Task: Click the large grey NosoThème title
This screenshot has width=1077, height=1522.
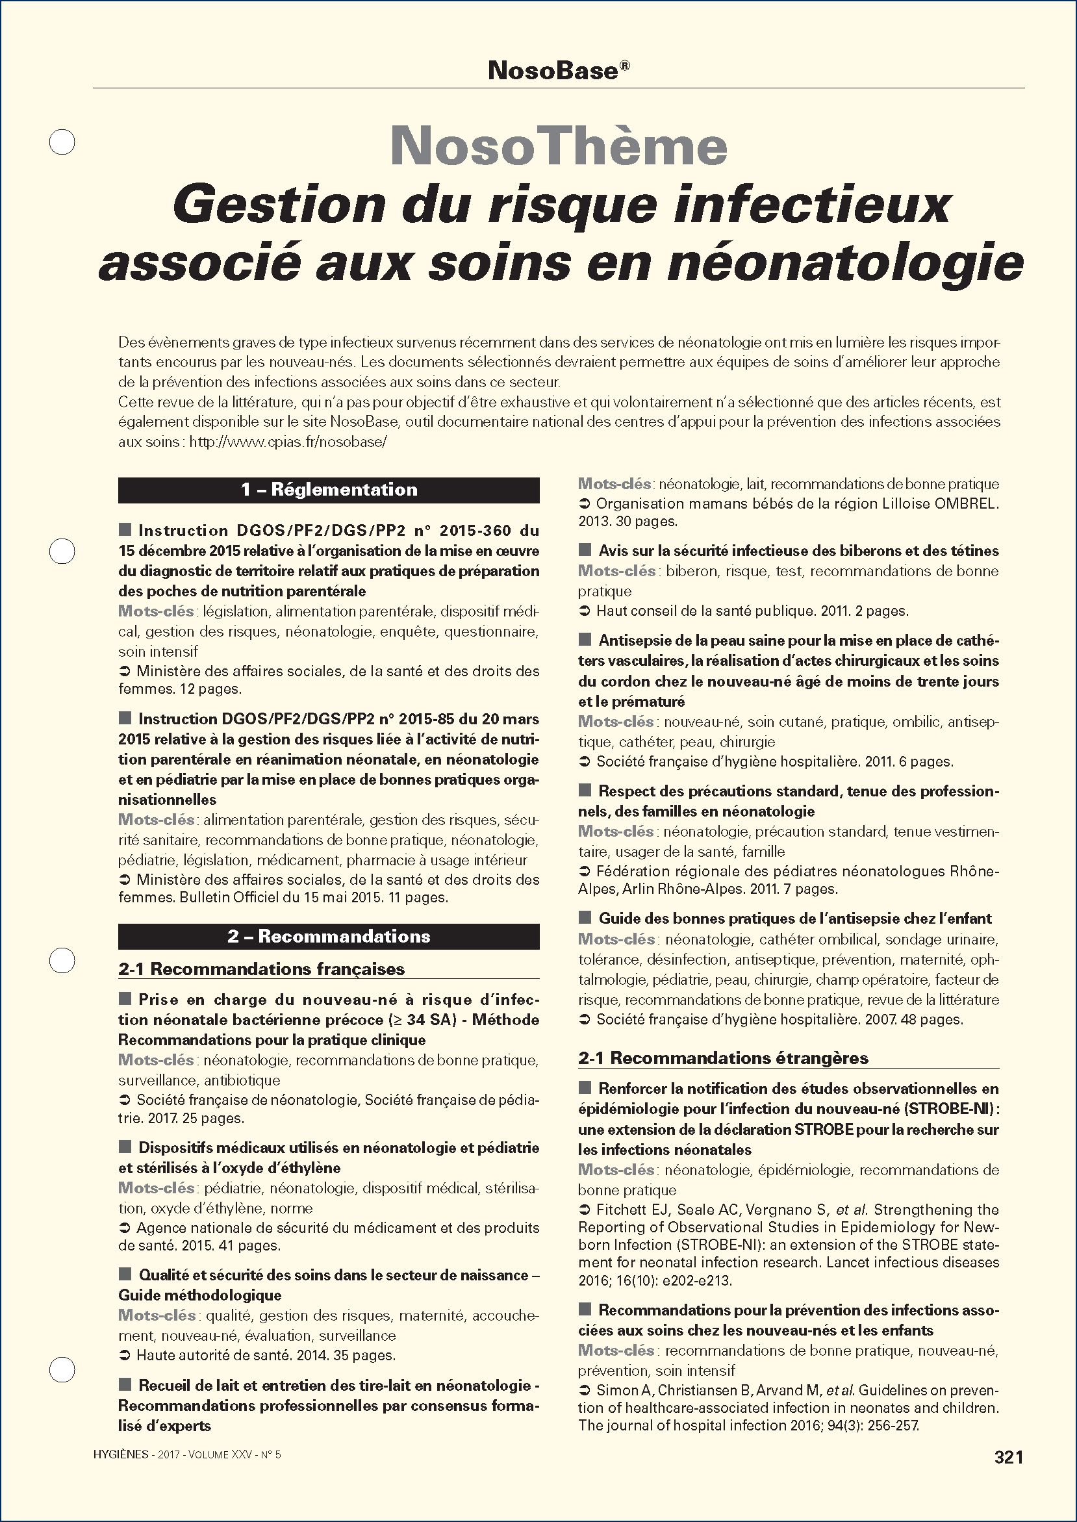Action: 559,146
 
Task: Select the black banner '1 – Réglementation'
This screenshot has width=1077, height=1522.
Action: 329,490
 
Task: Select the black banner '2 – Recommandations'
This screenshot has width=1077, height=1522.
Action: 329,937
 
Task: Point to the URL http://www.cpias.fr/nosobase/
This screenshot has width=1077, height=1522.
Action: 288,442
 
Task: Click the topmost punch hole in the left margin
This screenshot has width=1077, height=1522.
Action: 63,142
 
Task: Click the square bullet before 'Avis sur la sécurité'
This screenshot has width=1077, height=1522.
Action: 585,550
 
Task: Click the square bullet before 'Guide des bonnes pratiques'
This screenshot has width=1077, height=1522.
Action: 585,918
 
